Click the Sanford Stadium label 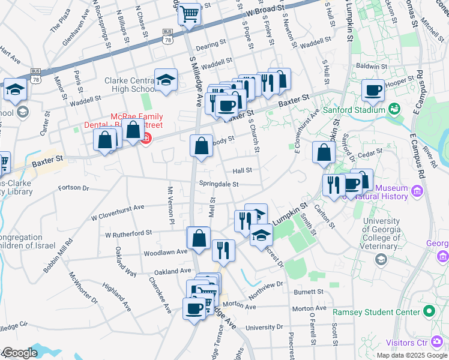coord(354,110)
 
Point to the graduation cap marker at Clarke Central coord(166,79)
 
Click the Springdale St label coord(219,184)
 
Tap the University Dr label coord(264,327)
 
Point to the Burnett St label coord(309,292)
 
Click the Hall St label coord(243,170)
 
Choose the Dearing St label coord(210,44)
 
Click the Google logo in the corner coord(19,353)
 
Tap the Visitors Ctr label coord(405,342)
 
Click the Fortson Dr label coord(73,188)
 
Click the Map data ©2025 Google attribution coord(412,355)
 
